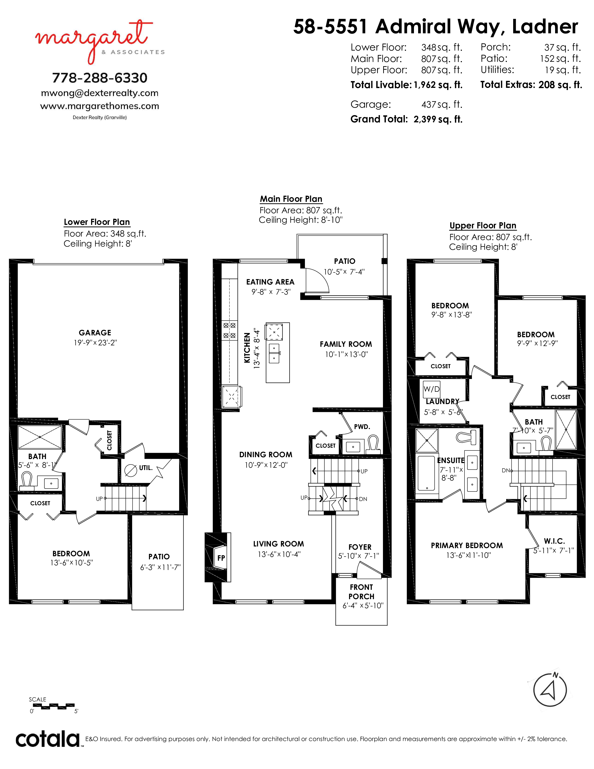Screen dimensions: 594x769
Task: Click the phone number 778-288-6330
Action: pos(100,78)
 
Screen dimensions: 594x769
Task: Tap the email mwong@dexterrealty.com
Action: pos(100,93)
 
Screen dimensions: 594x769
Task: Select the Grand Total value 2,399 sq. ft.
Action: pos(438,119)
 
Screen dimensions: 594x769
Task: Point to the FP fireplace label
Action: pos(221,558)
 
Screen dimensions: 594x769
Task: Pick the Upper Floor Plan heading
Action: pos(483,226)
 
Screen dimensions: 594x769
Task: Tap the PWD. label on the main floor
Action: pos(362,427)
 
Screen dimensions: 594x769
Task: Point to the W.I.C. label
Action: pos(554,541)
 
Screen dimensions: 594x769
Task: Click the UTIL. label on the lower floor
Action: pos(146,468)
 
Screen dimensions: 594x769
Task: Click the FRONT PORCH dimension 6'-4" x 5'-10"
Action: pos(363,606)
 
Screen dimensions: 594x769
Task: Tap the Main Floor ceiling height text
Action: pos(300,220)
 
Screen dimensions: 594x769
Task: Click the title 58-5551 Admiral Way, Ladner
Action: pos(436,27)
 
